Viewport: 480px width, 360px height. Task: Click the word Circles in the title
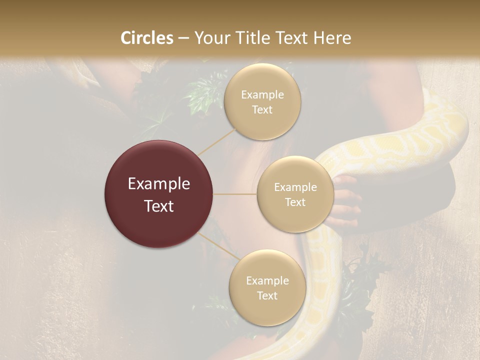147,38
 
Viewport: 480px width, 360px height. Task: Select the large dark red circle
159,194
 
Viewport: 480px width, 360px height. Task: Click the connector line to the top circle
217,141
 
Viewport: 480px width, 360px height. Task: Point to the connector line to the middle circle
235,194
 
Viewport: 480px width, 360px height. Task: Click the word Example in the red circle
159,184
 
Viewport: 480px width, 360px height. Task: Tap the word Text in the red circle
159,206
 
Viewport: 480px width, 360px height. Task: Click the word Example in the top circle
262,94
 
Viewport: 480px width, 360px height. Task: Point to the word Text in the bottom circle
267,295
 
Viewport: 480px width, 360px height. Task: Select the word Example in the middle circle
295,187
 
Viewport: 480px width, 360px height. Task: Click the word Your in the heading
212,38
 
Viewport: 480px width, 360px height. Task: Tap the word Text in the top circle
262,109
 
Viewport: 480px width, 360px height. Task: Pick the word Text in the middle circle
295,202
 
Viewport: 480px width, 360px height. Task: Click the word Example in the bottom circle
267,280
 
